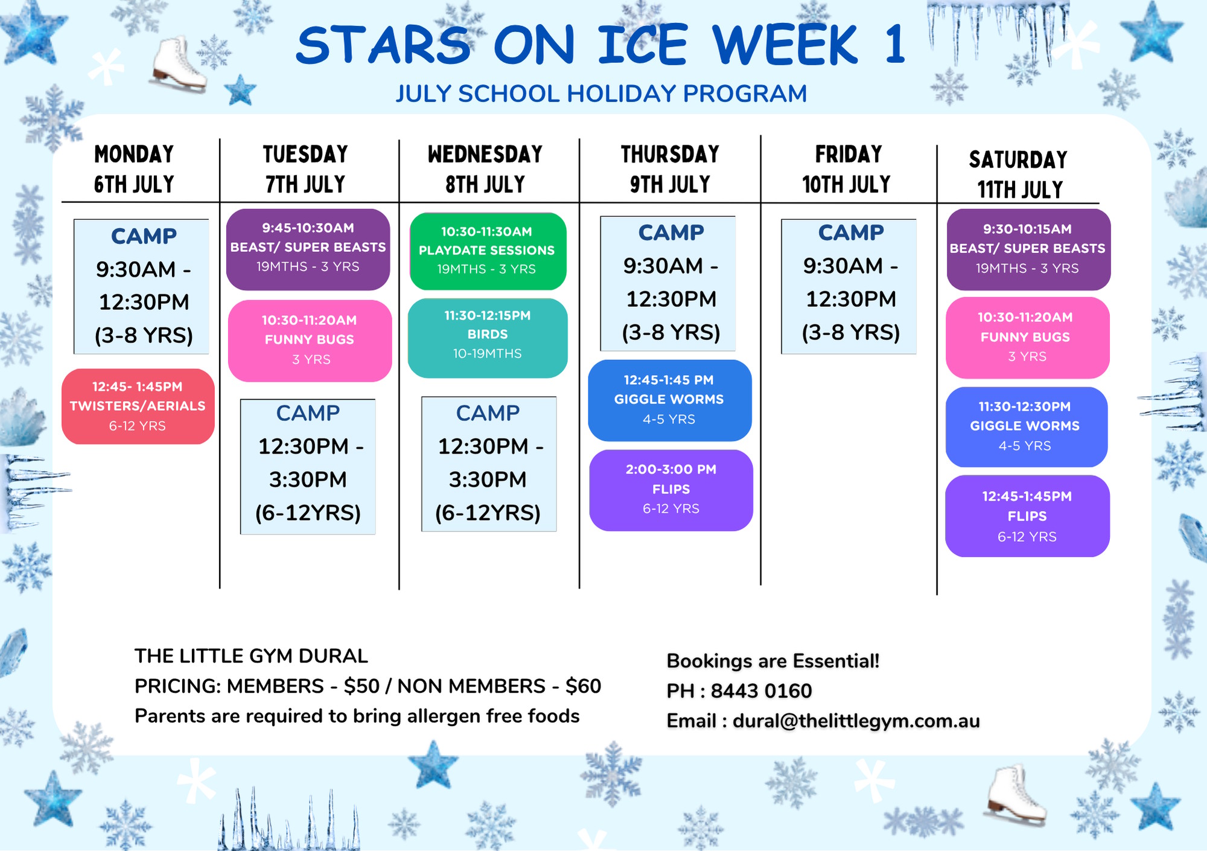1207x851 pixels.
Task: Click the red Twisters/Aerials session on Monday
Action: click(x=138, y=406)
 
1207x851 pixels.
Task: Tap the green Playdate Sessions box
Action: click(x=488, y=251)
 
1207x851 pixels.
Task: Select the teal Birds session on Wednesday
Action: click(x=488, y=338)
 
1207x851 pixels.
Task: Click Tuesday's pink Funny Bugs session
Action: click(x=310, y=341)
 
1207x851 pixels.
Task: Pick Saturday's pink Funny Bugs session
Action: click(x=1028, y=338)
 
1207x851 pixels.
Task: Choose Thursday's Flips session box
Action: click(x=671, y=490)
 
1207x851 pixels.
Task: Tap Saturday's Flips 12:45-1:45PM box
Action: click(x=1027, y=516)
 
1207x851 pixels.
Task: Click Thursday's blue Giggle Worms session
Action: click(x=670, y=400)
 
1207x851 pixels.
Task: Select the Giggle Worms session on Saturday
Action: click(x=1027, y=427)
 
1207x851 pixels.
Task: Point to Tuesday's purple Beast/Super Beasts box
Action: click(x=308, y=249)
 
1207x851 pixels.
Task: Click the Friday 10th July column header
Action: click(x=847, y=169)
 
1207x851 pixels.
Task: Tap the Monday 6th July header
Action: click(x=134, y=169)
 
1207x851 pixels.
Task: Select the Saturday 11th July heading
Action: click(x=1019, y=175)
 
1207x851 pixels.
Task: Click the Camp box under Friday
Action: click(x=849, y=286)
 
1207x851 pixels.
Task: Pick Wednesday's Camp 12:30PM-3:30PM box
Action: click(x=489, y=464)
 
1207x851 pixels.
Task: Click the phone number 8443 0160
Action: click(x=762, y=691)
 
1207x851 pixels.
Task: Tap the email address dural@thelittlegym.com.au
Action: click(x=856, y=721)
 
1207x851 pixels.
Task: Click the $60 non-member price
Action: click(x=584, y=686)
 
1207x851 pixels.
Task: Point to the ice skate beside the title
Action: click(x=179, y=65)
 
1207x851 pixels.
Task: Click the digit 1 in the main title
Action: click(x=895, y=44)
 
